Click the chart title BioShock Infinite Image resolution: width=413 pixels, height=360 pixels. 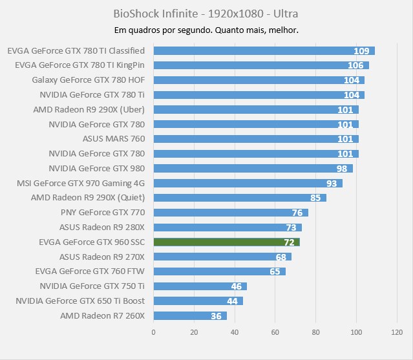tap(206, 13)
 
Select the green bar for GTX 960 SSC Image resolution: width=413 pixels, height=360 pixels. tap(226, 242)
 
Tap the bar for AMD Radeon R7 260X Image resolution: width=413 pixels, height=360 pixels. tap(189, 315)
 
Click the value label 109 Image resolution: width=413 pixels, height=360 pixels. tap(361, 51)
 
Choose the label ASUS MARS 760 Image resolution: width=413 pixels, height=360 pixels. tap(114, 139)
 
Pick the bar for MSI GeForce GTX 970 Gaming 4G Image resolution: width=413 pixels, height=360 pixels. tap(248, 183)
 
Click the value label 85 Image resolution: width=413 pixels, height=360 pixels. tap(315, 198)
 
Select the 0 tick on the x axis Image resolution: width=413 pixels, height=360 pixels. tap(153, 332)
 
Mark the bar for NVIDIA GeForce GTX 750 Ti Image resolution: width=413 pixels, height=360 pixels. tap(200, 286)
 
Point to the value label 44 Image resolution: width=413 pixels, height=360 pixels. tap(233, 301)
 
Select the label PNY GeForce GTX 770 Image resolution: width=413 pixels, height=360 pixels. tap(103, 213)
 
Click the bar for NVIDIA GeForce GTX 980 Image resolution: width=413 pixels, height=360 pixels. tap(253, 168)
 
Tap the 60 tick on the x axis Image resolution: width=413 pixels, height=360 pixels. tap(275, 332)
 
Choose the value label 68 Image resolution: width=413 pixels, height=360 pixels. tap(281, 257)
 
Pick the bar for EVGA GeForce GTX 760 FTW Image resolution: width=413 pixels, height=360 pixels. tap(219, 271)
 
